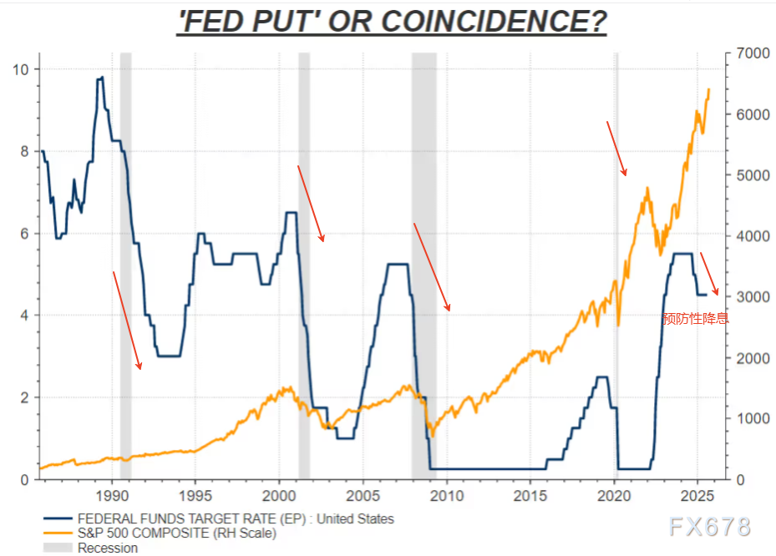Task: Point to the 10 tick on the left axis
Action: point(21,69)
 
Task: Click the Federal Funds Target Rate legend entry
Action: point(234,518)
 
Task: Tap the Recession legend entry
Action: point(108,548)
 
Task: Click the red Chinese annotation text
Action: point(695,318)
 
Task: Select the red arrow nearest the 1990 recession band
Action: point(127,320)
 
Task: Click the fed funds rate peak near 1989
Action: point(101,78)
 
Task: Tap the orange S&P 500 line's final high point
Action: point(709,88)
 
